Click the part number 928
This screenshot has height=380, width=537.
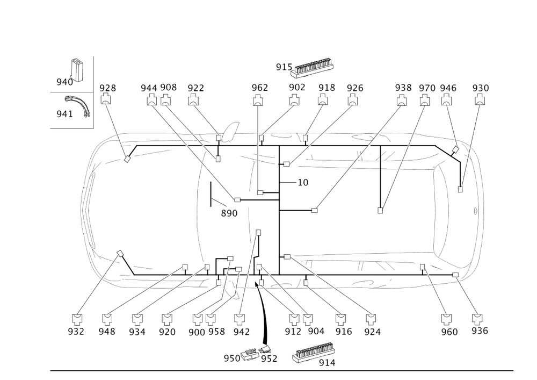pos(108,88)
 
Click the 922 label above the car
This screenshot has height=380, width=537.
pos(196,88)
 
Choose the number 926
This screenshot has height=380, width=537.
pos(354,88)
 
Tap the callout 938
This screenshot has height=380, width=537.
pos(403,88)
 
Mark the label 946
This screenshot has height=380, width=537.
pos(448,88)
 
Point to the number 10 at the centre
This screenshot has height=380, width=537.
pos(303,183)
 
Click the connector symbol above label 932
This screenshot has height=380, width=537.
pos(77,316)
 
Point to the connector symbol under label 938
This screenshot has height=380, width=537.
pos(401,100)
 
